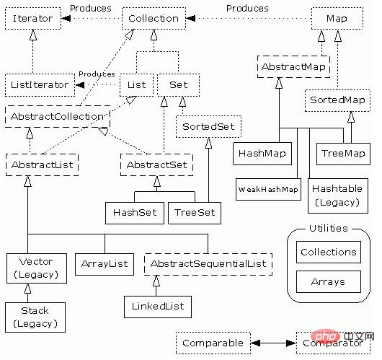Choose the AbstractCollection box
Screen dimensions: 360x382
tap(57, 115)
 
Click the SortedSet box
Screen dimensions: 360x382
tap(208, 127)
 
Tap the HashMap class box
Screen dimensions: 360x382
tap(260, 154)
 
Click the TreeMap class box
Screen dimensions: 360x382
tap(342, 154)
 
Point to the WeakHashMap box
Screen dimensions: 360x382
tap(267, 189)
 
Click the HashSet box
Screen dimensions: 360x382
tap(134, 213)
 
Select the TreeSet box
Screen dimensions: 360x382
tap(194, 213)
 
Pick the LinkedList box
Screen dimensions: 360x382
tap(158, 306)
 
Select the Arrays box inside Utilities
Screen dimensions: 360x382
tap(327, 281)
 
